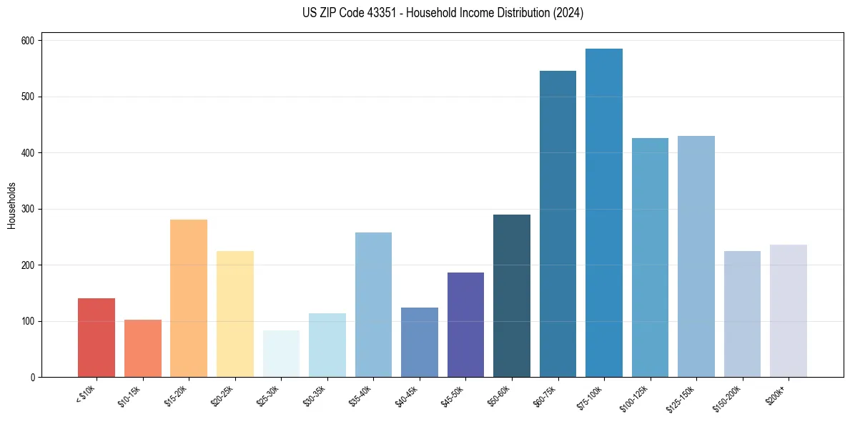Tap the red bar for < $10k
coord(97,338)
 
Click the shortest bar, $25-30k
coord(281,354)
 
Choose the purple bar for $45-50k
coord(465,325)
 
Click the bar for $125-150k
coord(696,257)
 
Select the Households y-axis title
coord(12,205)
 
